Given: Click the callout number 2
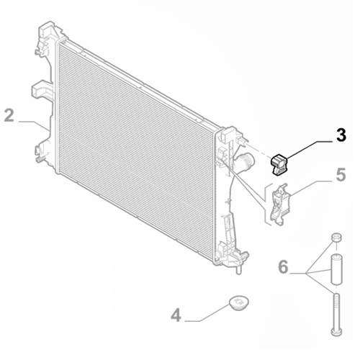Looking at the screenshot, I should [9, 115].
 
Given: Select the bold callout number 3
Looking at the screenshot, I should [341, 135].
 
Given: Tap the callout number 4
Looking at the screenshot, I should [176, 315].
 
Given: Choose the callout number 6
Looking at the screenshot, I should [284, 268].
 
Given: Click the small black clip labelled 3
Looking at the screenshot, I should [279, 166].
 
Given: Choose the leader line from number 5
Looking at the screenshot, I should [310, 186].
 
